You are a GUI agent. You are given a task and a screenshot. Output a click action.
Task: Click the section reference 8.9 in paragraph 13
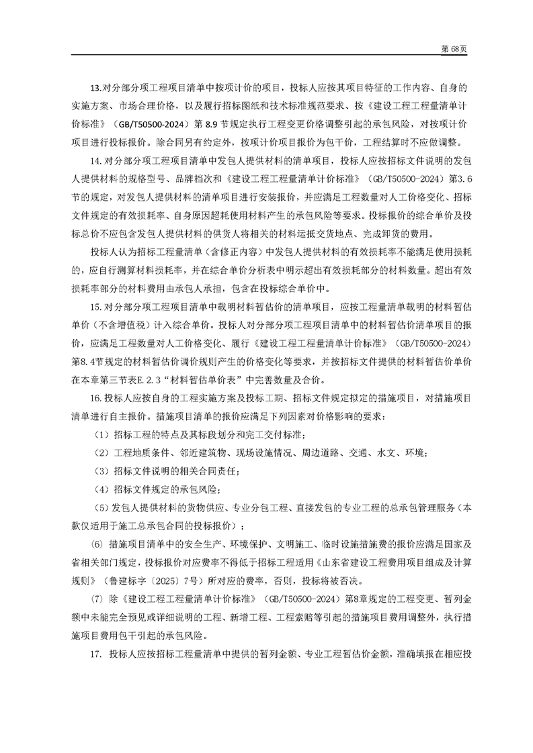click(x=220, y=124)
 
